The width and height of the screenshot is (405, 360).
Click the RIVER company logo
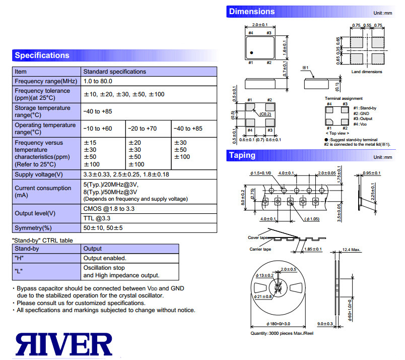point(64,344)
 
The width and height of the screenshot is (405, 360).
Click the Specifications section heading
point(42,55)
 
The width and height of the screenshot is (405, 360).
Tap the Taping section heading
point(242,155)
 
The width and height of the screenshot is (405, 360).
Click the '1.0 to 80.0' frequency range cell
point(98,81)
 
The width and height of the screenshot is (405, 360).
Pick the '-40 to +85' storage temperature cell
point(98,111)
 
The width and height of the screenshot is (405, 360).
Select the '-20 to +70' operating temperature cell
point(143,129)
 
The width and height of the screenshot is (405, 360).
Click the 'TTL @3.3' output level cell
point(97,218)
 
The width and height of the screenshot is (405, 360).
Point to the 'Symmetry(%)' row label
point(33,228)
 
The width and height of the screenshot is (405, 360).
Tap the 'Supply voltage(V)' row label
point(39,174)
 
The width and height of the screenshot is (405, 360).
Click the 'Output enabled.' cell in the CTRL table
point(105,258)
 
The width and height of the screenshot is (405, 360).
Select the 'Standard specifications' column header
point(114,72)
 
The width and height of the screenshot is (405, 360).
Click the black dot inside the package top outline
point(251,53)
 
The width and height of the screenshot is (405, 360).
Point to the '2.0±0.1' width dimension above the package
point(260,25)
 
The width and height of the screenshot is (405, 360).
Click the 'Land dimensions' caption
point(367,72)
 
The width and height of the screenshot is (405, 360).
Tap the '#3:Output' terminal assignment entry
point(363,118)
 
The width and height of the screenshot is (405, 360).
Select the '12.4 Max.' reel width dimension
point(351,250)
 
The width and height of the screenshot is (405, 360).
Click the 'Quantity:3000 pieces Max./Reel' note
point(282,333)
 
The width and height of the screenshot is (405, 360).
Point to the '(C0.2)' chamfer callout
point(265,114)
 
